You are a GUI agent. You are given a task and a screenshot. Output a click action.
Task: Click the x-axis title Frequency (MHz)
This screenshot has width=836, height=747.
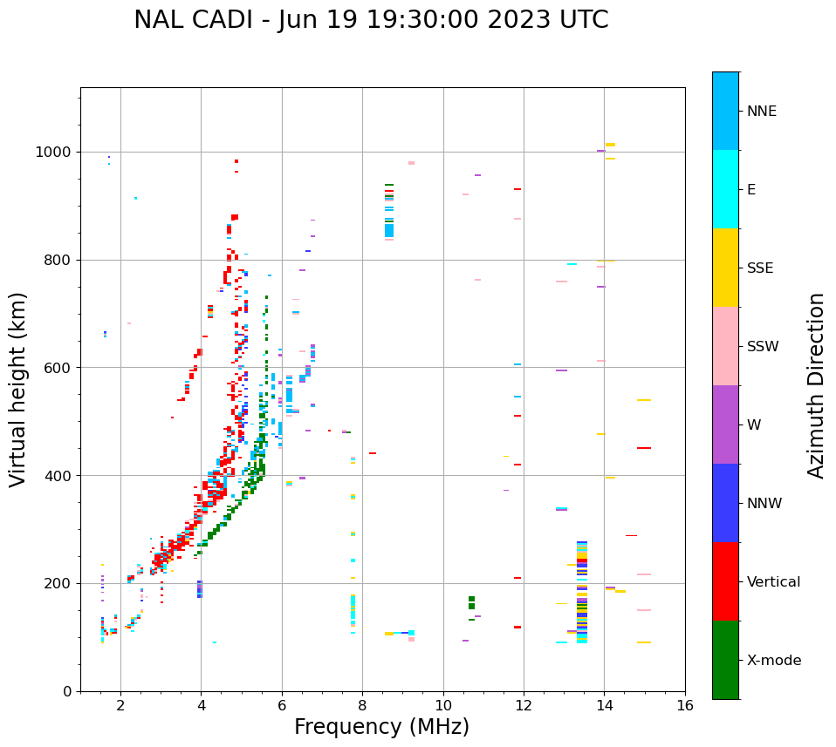coord(381,727)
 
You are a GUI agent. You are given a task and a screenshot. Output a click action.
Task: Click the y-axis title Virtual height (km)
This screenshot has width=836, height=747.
coord(18,390)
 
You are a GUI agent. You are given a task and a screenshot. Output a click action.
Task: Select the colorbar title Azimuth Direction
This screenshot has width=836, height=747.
coord(816,385)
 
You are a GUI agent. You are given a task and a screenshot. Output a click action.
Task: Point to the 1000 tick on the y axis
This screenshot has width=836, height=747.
coord(57,152)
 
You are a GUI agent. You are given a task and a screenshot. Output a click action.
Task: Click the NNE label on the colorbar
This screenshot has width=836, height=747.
coord(761,112)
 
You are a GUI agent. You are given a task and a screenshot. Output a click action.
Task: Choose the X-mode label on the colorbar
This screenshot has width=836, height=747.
coord(773,661)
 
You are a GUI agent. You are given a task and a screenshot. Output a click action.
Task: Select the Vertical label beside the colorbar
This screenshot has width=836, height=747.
coord(773,582)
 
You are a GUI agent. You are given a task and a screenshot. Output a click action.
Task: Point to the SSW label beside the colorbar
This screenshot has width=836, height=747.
coord(763,347)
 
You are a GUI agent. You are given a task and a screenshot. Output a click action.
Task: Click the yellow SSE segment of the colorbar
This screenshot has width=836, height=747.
coord(725,268)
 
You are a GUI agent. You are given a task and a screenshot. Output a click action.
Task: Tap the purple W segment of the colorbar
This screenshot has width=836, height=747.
coord(725,424)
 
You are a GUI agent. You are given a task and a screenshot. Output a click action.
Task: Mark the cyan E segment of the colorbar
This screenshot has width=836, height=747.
coord(725,189)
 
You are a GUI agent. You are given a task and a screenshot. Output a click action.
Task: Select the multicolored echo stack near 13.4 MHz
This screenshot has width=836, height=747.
coord(582,593)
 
